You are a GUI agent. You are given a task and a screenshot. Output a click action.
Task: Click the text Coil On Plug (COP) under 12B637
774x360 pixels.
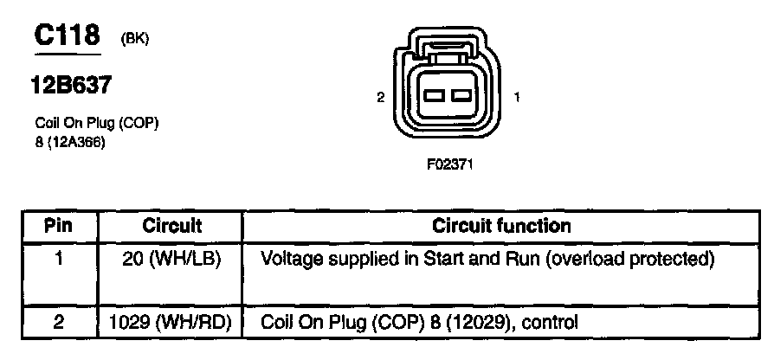(96, 124)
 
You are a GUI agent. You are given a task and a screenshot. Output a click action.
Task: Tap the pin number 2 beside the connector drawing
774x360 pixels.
(380, 98)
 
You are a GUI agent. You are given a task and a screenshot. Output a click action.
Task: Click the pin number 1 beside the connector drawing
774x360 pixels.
(517, 98)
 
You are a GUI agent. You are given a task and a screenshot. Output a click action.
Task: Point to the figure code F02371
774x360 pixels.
(449, 162)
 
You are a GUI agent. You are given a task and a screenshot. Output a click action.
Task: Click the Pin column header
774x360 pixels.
(58, 227)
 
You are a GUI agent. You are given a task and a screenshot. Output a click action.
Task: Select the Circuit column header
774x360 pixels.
(171, 227)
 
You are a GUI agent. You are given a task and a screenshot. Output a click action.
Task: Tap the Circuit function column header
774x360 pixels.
(501, 227)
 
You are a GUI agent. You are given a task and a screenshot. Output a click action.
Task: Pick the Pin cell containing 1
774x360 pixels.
(57, 258)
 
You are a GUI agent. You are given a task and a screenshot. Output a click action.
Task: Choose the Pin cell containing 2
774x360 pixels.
(57, 323)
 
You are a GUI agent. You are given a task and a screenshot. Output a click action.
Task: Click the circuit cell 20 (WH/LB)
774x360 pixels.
(171, 258)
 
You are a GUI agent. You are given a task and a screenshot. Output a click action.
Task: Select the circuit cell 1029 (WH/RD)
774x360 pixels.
(171, 323)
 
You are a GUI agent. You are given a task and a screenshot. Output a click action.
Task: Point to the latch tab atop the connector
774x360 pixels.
(448, 56)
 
